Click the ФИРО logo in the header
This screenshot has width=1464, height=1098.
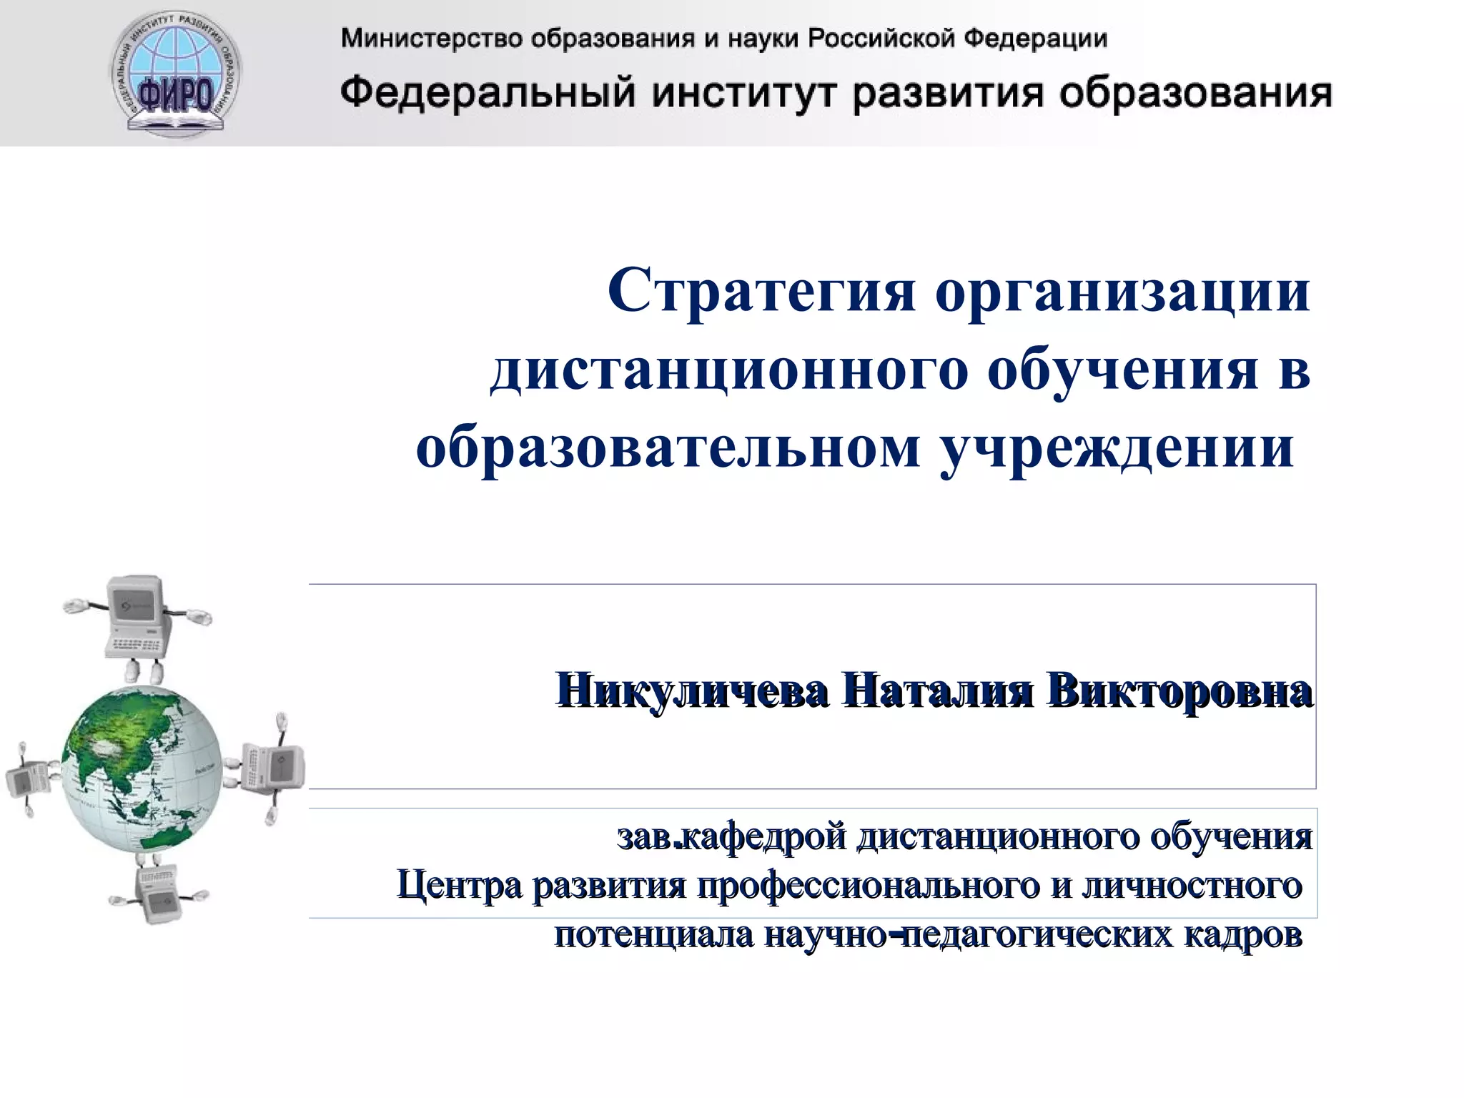coord(176,74)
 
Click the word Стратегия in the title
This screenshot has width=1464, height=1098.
coord(761,292)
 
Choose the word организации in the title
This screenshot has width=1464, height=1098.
coord(1122,292)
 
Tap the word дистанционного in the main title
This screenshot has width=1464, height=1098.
coord(729,370)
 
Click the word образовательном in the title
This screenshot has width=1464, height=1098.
coord(668,448)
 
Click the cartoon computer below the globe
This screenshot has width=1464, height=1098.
coord(157,894)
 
